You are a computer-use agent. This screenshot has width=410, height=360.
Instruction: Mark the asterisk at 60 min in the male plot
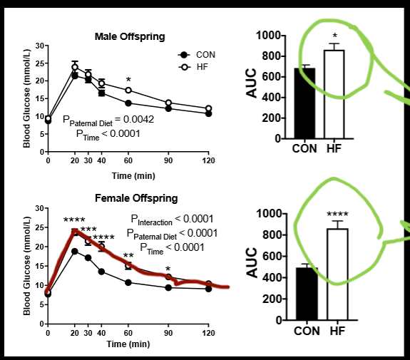click(x=128, y=81)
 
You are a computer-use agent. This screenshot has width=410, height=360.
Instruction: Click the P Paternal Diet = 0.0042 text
click(x=108, y=119)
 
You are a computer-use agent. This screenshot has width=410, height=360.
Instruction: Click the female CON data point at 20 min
click(x=74, y=251)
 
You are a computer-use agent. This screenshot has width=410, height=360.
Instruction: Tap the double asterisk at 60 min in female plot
click(x=128, y=256)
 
